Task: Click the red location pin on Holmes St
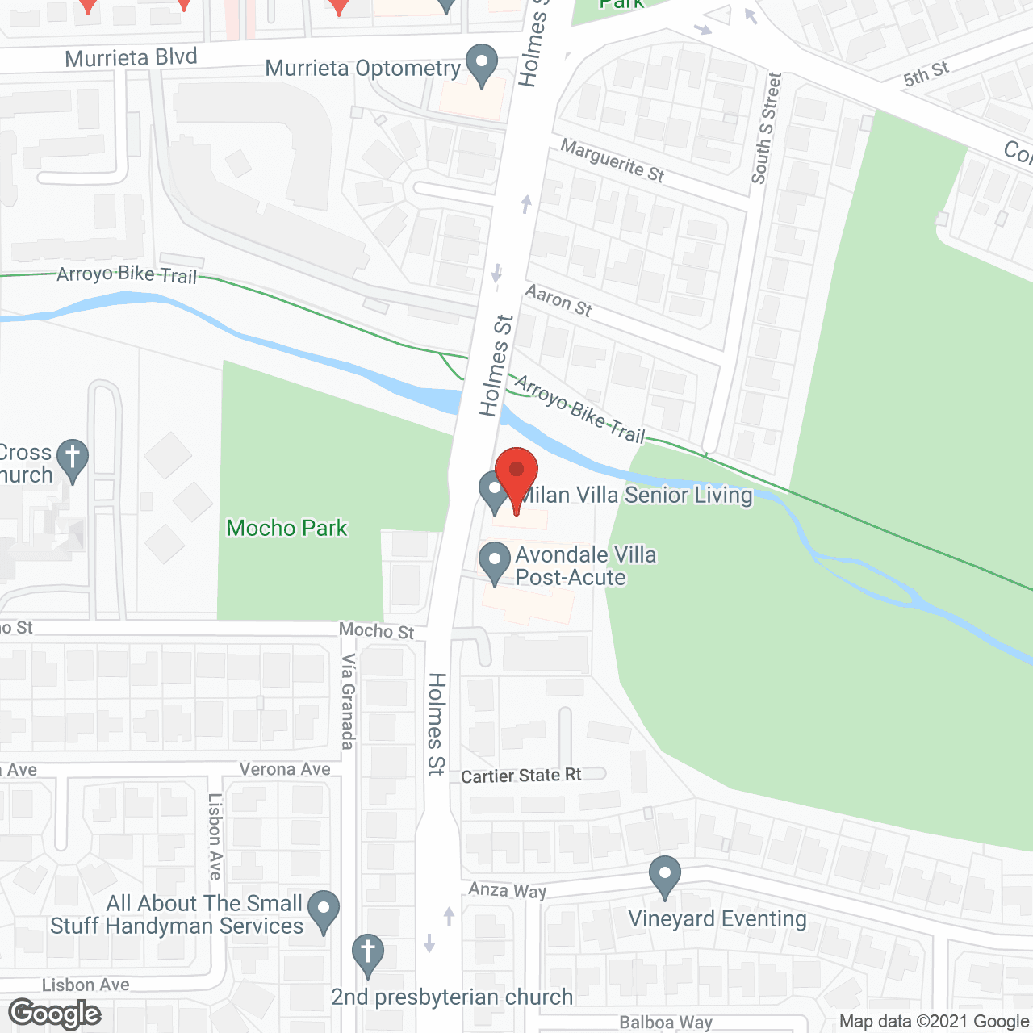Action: click(x=516, y=471)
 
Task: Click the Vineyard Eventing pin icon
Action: click(x=665, y=875)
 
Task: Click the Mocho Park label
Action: click(x=286, y=528)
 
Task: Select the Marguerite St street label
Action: click(x=613, y=161)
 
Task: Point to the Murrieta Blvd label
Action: click(x=131, y=58)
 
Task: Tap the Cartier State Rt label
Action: click(x=521, y=776)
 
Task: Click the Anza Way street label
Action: click(x=508, y=889)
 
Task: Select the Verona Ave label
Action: click(x=285, y=769)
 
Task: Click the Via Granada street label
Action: click(x=348, y=701)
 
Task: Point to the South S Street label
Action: click(x=767, y=129)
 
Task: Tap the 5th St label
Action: click(x=926, y=74)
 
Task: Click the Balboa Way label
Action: click(x=666, y=1023)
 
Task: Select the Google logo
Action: click(x=55, y=1014)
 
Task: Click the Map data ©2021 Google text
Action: click(x=935, y=1022)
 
